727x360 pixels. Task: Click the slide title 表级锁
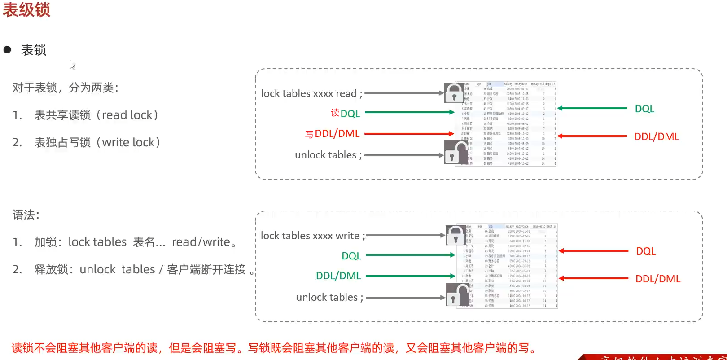(26, 9)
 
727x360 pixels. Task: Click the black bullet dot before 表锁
(7, 50)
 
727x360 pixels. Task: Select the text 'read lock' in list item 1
(127, 115)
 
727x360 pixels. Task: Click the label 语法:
(26, 215)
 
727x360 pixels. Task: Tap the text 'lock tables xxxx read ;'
(311, 93)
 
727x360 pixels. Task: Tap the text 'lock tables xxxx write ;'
(313, 236)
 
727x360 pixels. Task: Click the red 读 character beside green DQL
(335, 113)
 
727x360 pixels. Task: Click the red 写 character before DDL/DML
(309, 134)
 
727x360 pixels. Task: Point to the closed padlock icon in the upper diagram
(454, 93)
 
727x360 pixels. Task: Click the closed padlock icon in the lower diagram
(455, 235)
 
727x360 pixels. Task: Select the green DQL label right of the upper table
(644, 109)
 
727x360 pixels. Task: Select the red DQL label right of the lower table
(646, 251)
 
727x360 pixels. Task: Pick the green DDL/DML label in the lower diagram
(338, 276)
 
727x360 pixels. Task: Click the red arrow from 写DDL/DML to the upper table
(409, 134)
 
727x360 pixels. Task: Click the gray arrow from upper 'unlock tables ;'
(404, 155)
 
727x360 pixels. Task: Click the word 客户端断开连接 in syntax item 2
(206, 269)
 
